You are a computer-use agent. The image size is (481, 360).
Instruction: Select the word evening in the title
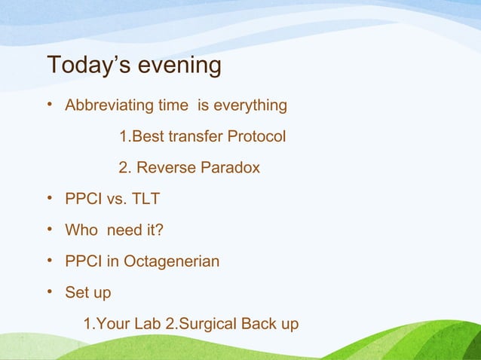point(179,66)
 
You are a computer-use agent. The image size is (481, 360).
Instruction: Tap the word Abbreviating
point(109,105)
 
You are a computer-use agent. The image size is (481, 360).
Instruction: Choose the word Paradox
point(231,167)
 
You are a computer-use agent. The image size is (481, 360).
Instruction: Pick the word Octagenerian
point(171,262)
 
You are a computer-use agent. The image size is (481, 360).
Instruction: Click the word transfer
point(192,136)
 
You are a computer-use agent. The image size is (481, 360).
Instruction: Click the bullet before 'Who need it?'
point(50,230)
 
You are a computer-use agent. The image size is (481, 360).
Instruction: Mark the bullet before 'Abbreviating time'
point(50,105)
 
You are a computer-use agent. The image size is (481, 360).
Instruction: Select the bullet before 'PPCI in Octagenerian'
point(50,262)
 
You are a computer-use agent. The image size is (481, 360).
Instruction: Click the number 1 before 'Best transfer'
point(124,136)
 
